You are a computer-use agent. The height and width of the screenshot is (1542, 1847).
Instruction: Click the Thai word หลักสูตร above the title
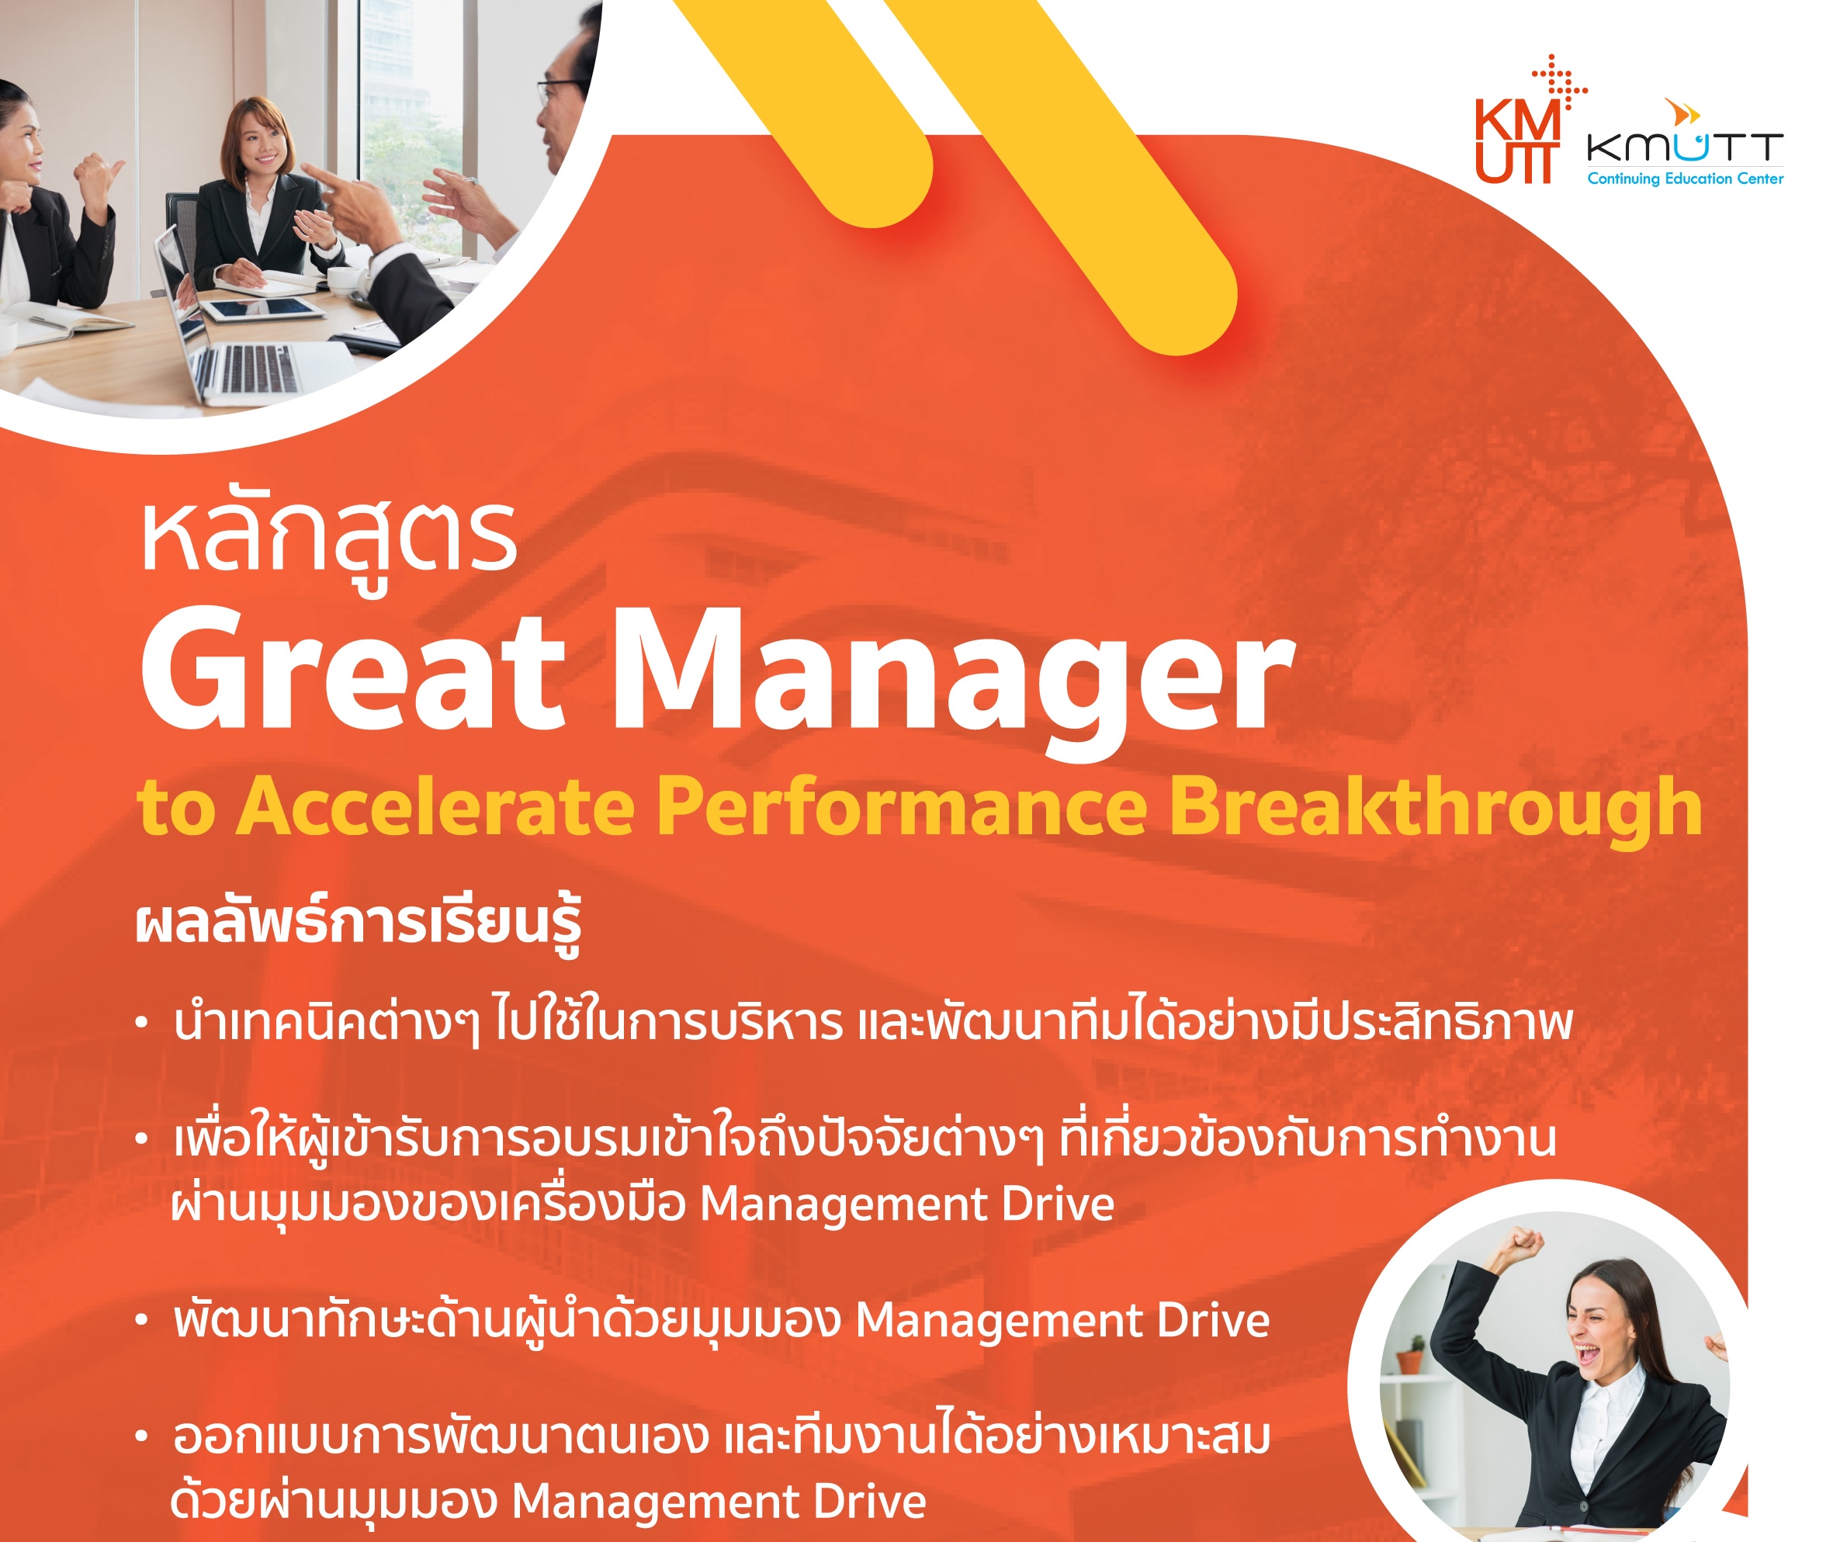[x=329, y=539]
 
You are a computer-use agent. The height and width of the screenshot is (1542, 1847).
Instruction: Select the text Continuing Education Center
[x=1685, y=178]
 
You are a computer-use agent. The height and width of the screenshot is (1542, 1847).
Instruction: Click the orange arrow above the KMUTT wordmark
[x=1682, y=113]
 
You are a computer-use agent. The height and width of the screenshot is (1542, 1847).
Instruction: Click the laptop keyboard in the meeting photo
[x=255, y=368]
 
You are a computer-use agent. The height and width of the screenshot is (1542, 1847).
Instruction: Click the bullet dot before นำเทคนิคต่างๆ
[x=141, y=1023]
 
